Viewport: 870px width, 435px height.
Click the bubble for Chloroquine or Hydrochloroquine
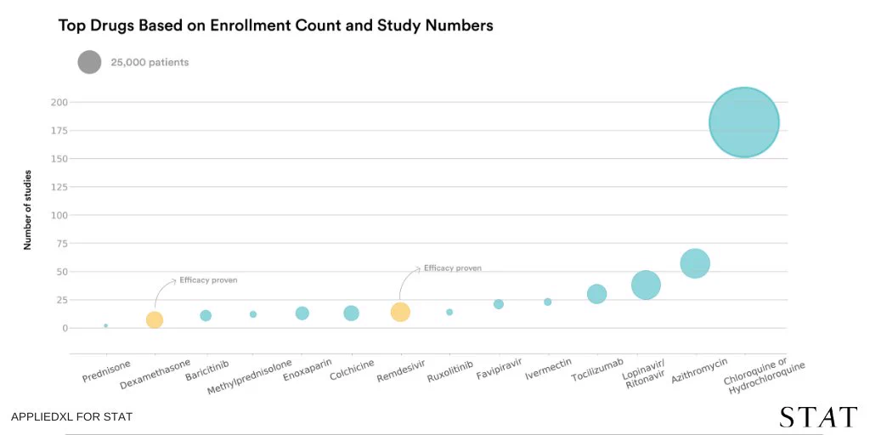coord(744,122)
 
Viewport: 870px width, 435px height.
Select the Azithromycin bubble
coord(695,263)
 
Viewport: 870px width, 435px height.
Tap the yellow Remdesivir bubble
coord(400,312)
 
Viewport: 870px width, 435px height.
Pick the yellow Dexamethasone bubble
coord(155,320)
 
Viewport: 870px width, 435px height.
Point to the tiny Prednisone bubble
coord(105,325)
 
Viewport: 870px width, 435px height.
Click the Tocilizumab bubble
coord(596,294)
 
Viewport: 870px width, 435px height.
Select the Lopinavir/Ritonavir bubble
coord(646,285)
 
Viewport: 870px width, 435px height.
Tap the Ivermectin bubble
coord(548,302)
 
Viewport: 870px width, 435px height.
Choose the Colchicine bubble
coord(351,314)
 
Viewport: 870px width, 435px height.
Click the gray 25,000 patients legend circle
coord(89,62)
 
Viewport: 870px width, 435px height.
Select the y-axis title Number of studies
coord(27,211)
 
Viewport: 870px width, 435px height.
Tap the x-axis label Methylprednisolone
coord(250,376)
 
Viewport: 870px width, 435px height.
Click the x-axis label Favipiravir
coord(500,370)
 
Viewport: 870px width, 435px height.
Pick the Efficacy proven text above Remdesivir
coord(453,268)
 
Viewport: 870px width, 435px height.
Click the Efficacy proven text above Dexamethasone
coord(208,280)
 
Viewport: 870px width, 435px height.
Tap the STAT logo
coord(818,417)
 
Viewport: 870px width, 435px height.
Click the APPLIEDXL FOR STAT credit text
coord(71,416)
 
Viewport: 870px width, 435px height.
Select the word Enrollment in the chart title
coord(240,25)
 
